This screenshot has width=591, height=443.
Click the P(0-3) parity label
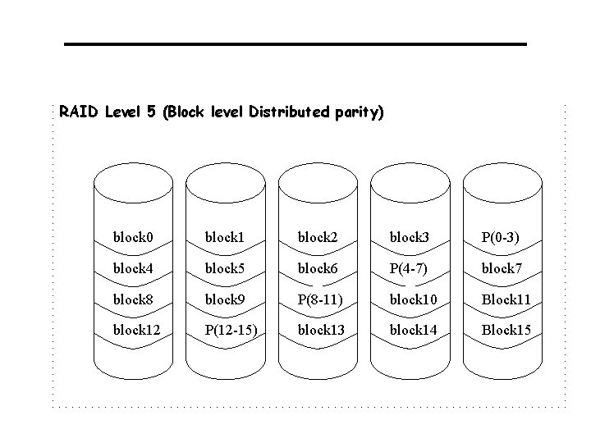[x=500, y=238]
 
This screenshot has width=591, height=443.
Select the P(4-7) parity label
[x=408, y=268]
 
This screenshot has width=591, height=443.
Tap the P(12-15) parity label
[x=231, y=330]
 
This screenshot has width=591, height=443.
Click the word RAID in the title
[x=79, y=111]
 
